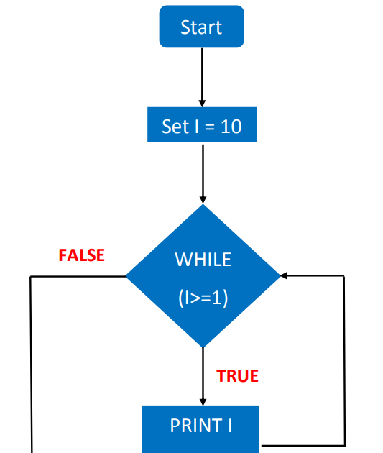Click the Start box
coord(202,27)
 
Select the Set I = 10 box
coord(202,127)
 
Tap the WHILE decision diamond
coord(203,276)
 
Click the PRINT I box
coord(201,426)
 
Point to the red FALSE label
coord(81,255)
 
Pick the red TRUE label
coord(237,375)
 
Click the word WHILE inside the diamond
coord(203,260)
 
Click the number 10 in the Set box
coord(231,127)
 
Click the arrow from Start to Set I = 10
coord(202,75)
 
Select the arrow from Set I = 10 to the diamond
coord(203,173)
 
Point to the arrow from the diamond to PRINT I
coord(203,375)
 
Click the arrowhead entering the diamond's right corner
coord(285,275)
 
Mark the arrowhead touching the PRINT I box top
coord(203,401)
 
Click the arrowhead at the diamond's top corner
coord(203,200)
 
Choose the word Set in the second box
coord(175,127)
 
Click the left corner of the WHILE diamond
coord(127,276)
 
